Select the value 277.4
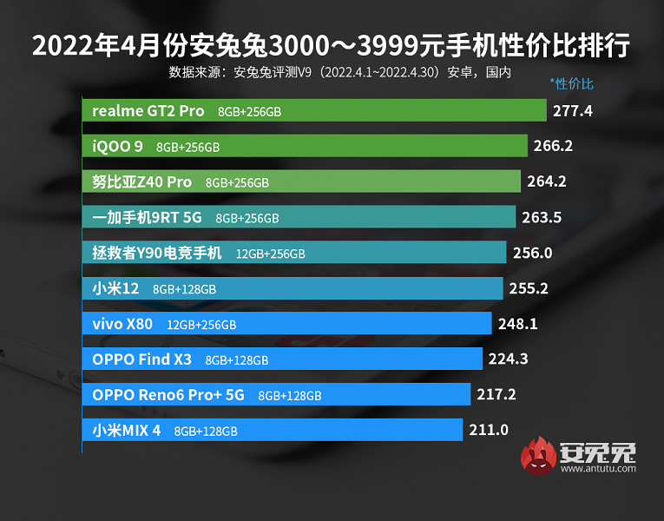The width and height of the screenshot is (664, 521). [573, 111]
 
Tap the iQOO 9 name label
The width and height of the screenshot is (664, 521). [117, 147]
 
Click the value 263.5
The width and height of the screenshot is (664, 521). [542, 218]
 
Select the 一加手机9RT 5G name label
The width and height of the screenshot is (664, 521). [147, 218]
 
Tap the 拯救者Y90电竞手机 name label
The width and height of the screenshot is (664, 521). [157, 254]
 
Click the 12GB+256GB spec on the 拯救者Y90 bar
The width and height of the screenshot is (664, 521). [270, 254]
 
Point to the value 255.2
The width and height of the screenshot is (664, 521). [528, 288]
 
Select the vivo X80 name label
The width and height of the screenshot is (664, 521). [122, 324]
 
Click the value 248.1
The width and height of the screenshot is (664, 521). [516, 324]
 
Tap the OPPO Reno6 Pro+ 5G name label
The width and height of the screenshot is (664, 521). [168, 395]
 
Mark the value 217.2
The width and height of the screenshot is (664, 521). [496, 395]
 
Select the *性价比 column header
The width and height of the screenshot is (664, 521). [571, 84]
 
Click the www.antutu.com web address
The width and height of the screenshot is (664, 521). [598, 469]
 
